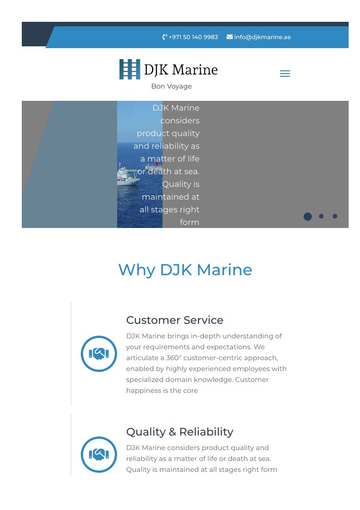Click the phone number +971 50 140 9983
pos(193,37)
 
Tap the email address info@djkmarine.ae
pos(262,37)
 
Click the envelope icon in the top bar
pos(230,37)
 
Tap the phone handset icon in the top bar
pos(164,37)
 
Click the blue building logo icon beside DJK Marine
pos(130,69)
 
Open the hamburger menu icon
pos(285,74)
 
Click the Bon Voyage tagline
pos(172,86)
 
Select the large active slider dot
pos(308,217)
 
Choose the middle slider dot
pos(321,216)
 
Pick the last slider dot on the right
pos(335,216)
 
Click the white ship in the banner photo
pos(128,176)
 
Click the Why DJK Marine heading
pos(185,270)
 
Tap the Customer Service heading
pos(175,320)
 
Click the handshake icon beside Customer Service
pos(99,354)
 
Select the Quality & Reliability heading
pos(179,432)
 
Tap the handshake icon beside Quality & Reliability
pos(99,455)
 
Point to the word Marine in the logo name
pos(195,69)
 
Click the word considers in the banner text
pos(180,121)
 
